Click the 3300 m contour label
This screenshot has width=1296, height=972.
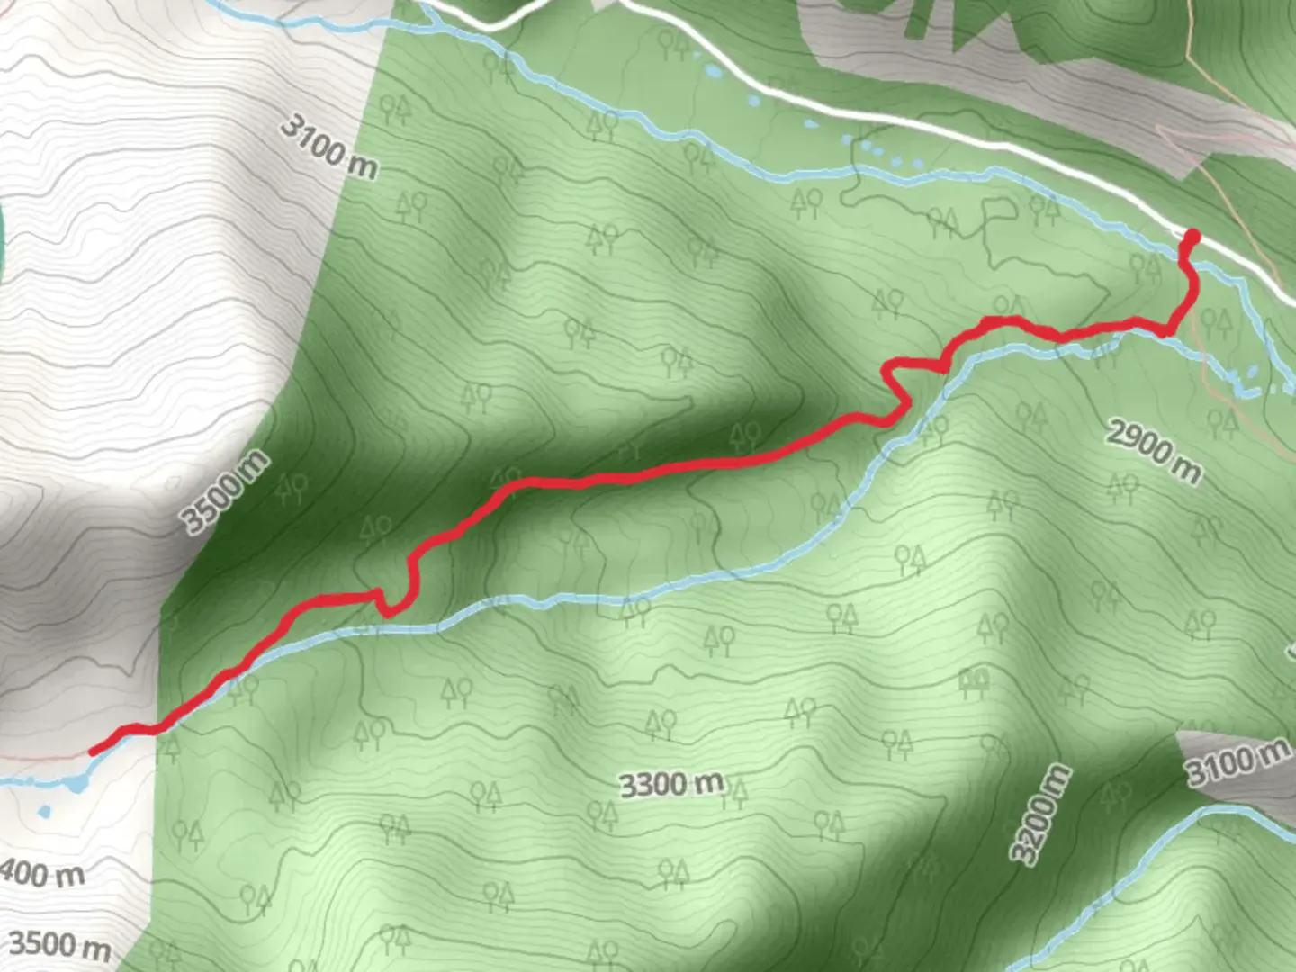(x=671, y=785)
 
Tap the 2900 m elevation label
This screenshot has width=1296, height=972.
(x=1154, y=451)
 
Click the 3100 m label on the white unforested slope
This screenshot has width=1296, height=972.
(x=328, y=147)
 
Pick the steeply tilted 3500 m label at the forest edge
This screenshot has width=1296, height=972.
(x=225, y=491)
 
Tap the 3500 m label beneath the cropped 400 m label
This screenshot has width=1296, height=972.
(x=59, y=944)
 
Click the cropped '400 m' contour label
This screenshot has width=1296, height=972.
(x=41, y=872)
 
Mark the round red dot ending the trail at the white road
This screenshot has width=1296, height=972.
(x=1193, y=238)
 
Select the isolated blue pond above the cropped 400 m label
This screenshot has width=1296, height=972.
(x=44, y=813)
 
